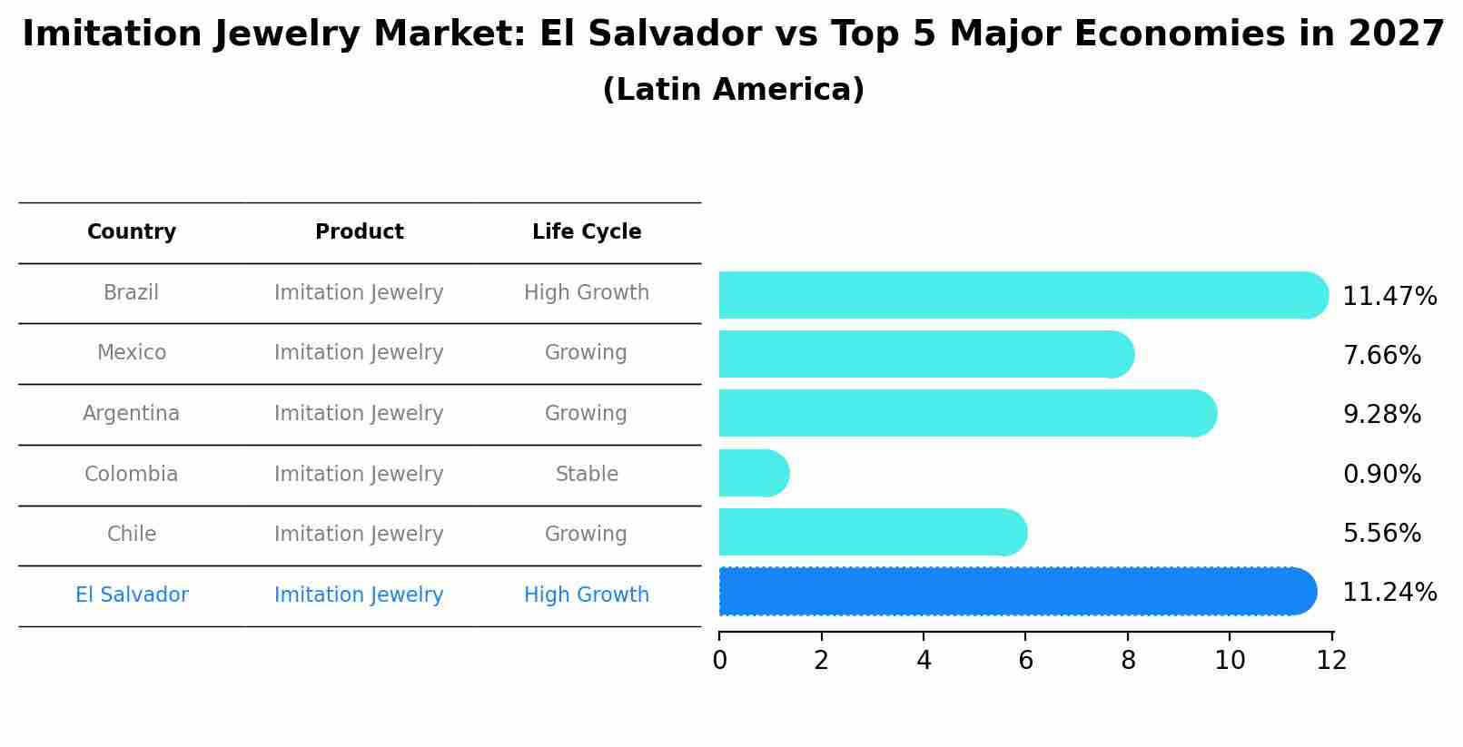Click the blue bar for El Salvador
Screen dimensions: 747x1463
(x=1017, y=592)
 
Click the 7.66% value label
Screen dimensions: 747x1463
(x=1381, y=355)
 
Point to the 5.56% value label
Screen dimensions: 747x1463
(x=1381, y=533)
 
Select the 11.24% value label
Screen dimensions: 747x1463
(x=1389, y=592)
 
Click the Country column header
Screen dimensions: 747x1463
(x=132, y=232)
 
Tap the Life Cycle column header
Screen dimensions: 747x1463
(x=587, y=232)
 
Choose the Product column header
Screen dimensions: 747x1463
(x=359, y=232)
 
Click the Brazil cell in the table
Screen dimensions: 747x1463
(x=131, y=292)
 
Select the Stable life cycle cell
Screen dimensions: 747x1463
(x=587, y=474)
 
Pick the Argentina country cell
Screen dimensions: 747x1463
(x=131, y=413)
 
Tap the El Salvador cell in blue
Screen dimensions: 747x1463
(x=132, y=595)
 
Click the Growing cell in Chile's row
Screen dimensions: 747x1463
(x=586, y=534)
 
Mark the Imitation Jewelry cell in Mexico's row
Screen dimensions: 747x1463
(x=359, y=352)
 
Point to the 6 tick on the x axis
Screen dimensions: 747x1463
(x=1025, y=660)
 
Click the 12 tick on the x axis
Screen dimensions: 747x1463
(x=1331, y=660)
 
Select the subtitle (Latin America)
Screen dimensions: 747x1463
(x=733, y=90)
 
